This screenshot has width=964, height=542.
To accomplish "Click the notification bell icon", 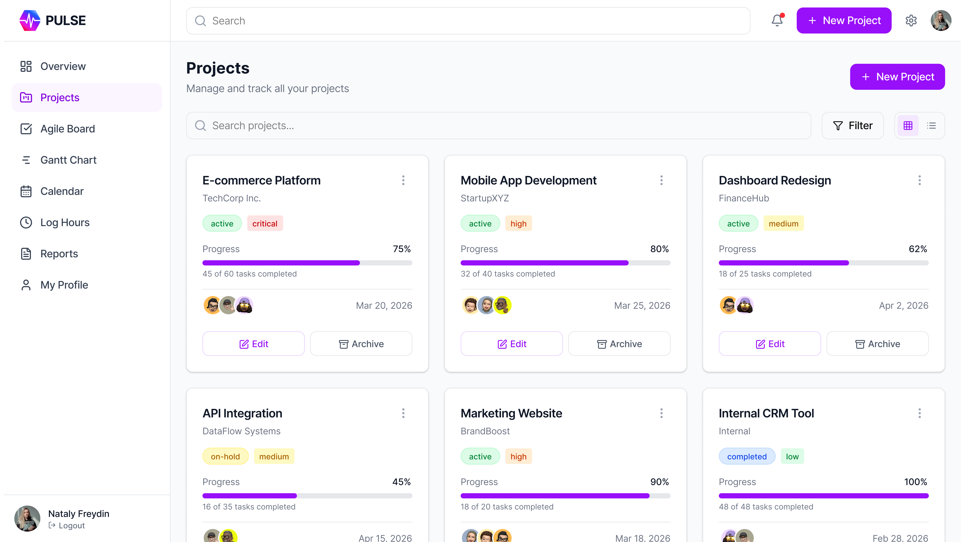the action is click(x=777, y=20).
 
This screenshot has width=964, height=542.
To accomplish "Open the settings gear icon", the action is click(x=911, y=20).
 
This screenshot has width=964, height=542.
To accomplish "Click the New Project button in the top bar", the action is click(x=844, y=20).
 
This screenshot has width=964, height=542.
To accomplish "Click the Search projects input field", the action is click(x=498, y=126).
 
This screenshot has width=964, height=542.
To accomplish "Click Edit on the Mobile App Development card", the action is click(x=512, y=344).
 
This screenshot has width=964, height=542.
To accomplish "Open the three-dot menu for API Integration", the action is click(x=403, y=413).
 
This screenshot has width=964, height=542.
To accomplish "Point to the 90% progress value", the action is click(x=659, y=482).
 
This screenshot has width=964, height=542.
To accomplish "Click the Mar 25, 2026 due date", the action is click(x=642, y=306).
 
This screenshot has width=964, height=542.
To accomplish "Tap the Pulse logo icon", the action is click(x=30, y=20).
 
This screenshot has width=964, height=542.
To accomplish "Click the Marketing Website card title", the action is click(x=511, y=413).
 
